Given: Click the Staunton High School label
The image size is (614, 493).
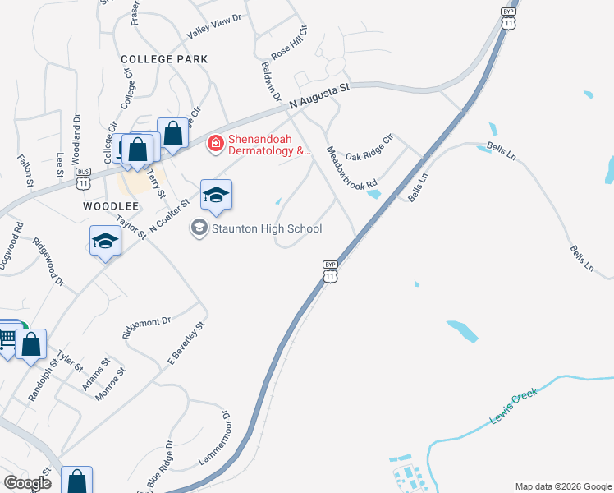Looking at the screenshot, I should pos(267,228).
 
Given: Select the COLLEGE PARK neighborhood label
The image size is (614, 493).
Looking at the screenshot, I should pos(164,59).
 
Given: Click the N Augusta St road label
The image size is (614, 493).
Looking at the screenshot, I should pos(320,96).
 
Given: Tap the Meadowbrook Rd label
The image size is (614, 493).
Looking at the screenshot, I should pos(351,166).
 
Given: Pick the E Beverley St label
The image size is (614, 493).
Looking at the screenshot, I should pos(186,343).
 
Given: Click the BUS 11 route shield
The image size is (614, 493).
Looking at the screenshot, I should pos(84,182).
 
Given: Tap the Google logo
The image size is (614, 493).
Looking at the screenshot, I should pos(27,483).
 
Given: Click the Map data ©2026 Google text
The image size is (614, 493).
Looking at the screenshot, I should pos(562,486).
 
